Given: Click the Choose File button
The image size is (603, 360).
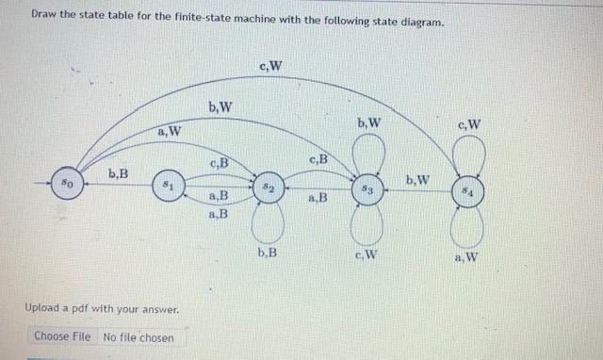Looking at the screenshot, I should pos(62,336).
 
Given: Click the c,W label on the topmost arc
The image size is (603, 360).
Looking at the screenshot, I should pos(269,65).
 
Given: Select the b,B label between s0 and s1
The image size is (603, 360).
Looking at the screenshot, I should pos(119,172).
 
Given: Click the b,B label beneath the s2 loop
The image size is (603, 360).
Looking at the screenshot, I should pos(267,252).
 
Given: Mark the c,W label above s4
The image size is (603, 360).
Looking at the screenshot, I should pos(468,123).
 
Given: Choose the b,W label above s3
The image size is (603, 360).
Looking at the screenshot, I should pos(368,122).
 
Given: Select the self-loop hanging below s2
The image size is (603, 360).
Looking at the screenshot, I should pos(268,221).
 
